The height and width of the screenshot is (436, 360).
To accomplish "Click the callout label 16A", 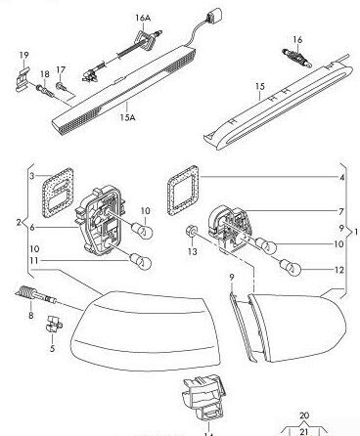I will click(143, 19).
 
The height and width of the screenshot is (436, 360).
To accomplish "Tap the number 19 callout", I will click(22, 53).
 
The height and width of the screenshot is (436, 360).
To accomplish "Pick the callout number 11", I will click(32, 261).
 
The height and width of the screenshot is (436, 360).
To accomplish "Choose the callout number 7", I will click(340, 212).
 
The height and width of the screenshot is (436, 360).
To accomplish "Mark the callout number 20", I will click(303, 414).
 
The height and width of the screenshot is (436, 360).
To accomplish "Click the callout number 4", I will click(340, 178).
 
